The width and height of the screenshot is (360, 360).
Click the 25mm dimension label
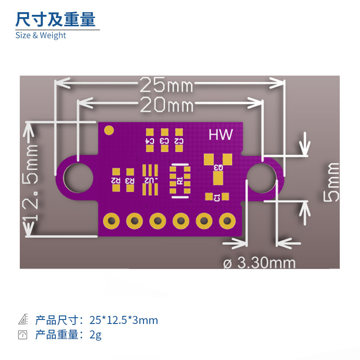coord(166,84)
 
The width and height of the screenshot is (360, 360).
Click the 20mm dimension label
coord(166,105)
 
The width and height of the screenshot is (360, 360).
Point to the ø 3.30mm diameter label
coord(260,262)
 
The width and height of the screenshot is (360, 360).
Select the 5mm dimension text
coord(332,182)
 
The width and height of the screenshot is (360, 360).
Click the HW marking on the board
coord(220,135)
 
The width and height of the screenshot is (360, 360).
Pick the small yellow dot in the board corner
coord(108,130)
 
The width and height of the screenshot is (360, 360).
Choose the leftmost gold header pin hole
coord(111,220)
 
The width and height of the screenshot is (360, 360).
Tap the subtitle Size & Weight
coord(40,36)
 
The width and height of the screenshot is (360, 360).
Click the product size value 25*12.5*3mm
coord(124,320)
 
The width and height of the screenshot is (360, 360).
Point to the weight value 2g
coord(95,335)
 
